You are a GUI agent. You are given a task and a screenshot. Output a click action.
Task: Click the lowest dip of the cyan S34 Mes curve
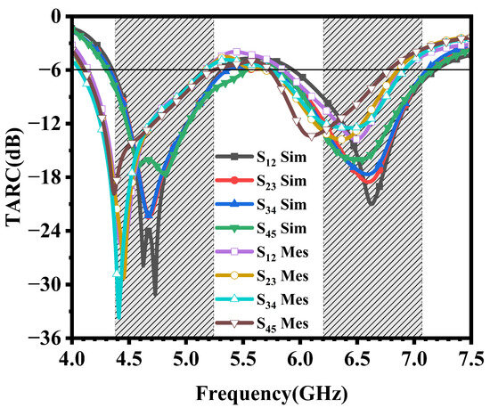point(118,317)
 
